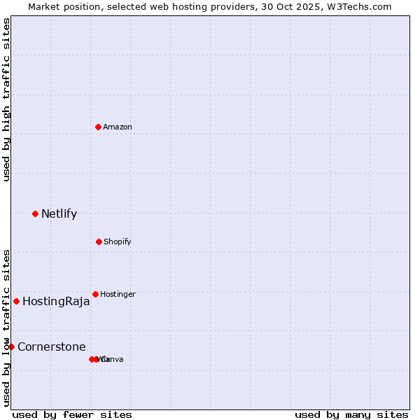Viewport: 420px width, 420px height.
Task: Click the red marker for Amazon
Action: coord(98,127)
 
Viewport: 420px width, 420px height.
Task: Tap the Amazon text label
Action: coord(118,127)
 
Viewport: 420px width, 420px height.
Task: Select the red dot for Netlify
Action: coord(35,213)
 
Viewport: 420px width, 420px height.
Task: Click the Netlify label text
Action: coord(59,213)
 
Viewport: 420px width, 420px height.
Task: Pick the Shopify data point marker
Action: coord(99,241)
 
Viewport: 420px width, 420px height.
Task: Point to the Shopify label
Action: coord(118,241)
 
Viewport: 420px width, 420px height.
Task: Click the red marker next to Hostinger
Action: coord(95,294)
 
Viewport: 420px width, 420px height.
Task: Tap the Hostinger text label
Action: coord(118,294)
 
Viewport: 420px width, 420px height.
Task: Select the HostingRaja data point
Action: coord(16,302)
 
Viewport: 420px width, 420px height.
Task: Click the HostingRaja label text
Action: coord(56,302)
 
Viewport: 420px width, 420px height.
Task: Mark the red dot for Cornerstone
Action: coord(11,346)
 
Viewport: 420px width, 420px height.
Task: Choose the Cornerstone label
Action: coord(52,346)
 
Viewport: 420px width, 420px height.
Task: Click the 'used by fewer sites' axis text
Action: coord(72,414)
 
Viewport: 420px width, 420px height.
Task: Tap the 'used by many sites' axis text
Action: coord(351,414)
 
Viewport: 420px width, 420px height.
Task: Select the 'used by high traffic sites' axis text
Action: coord(6,99)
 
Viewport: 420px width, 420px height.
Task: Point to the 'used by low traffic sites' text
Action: coord(6,328)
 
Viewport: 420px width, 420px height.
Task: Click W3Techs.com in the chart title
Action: coord(362,6)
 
